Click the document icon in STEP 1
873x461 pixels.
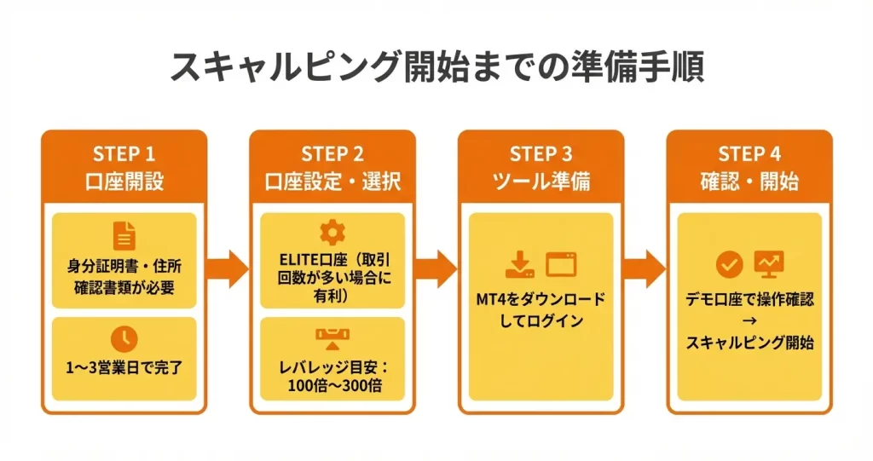(x=124, y=236)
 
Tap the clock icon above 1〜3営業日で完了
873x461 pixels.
(x=124, y=337)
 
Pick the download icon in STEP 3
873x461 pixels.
(x=519, y=265)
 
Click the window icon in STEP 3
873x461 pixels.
(x=561, y=265)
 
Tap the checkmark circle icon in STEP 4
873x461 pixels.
(x=729, y=265)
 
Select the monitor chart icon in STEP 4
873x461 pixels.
(x=769, y=265)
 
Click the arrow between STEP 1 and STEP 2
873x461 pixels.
(x=228, y=269)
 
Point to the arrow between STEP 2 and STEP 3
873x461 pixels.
(x=436, y=269)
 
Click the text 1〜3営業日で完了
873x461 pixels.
(x=124, y=369)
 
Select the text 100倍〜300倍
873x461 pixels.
(x=332, y=383)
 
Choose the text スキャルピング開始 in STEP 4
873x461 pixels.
(x=749, y=343)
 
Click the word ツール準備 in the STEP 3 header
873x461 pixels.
(x=541, y=182)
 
